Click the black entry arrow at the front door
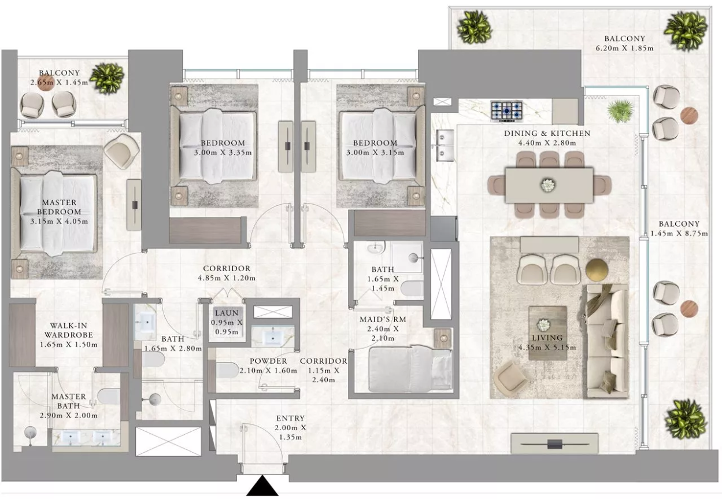(x=262, y=486)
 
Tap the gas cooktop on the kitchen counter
(x=506, y=111)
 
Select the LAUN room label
(x=227, y=313)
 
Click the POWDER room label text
(x=268, y=361)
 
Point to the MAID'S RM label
(x=383, y=319)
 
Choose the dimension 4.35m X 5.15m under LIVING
(x=547, y=348)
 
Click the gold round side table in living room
(x=597, y=269)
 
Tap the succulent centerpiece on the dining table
(x=547, y=186)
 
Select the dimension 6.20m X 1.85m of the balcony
(x=624, y=49)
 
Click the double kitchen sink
(x=445, y=145)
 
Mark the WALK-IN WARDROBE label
(x=69, y=330)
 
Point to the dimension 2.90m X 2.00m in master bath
(x=68, y=416)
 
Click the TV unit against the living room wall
(x=554, y=443)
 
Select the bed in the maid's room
(x=410, y=369)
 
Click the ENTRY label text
(x=290, y=419)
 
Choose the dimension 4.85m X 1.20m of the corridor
(x=227, y=278)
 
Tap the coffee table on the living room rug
(x=547, y=333)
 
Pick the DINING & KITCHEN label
(x=547, y=133)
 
